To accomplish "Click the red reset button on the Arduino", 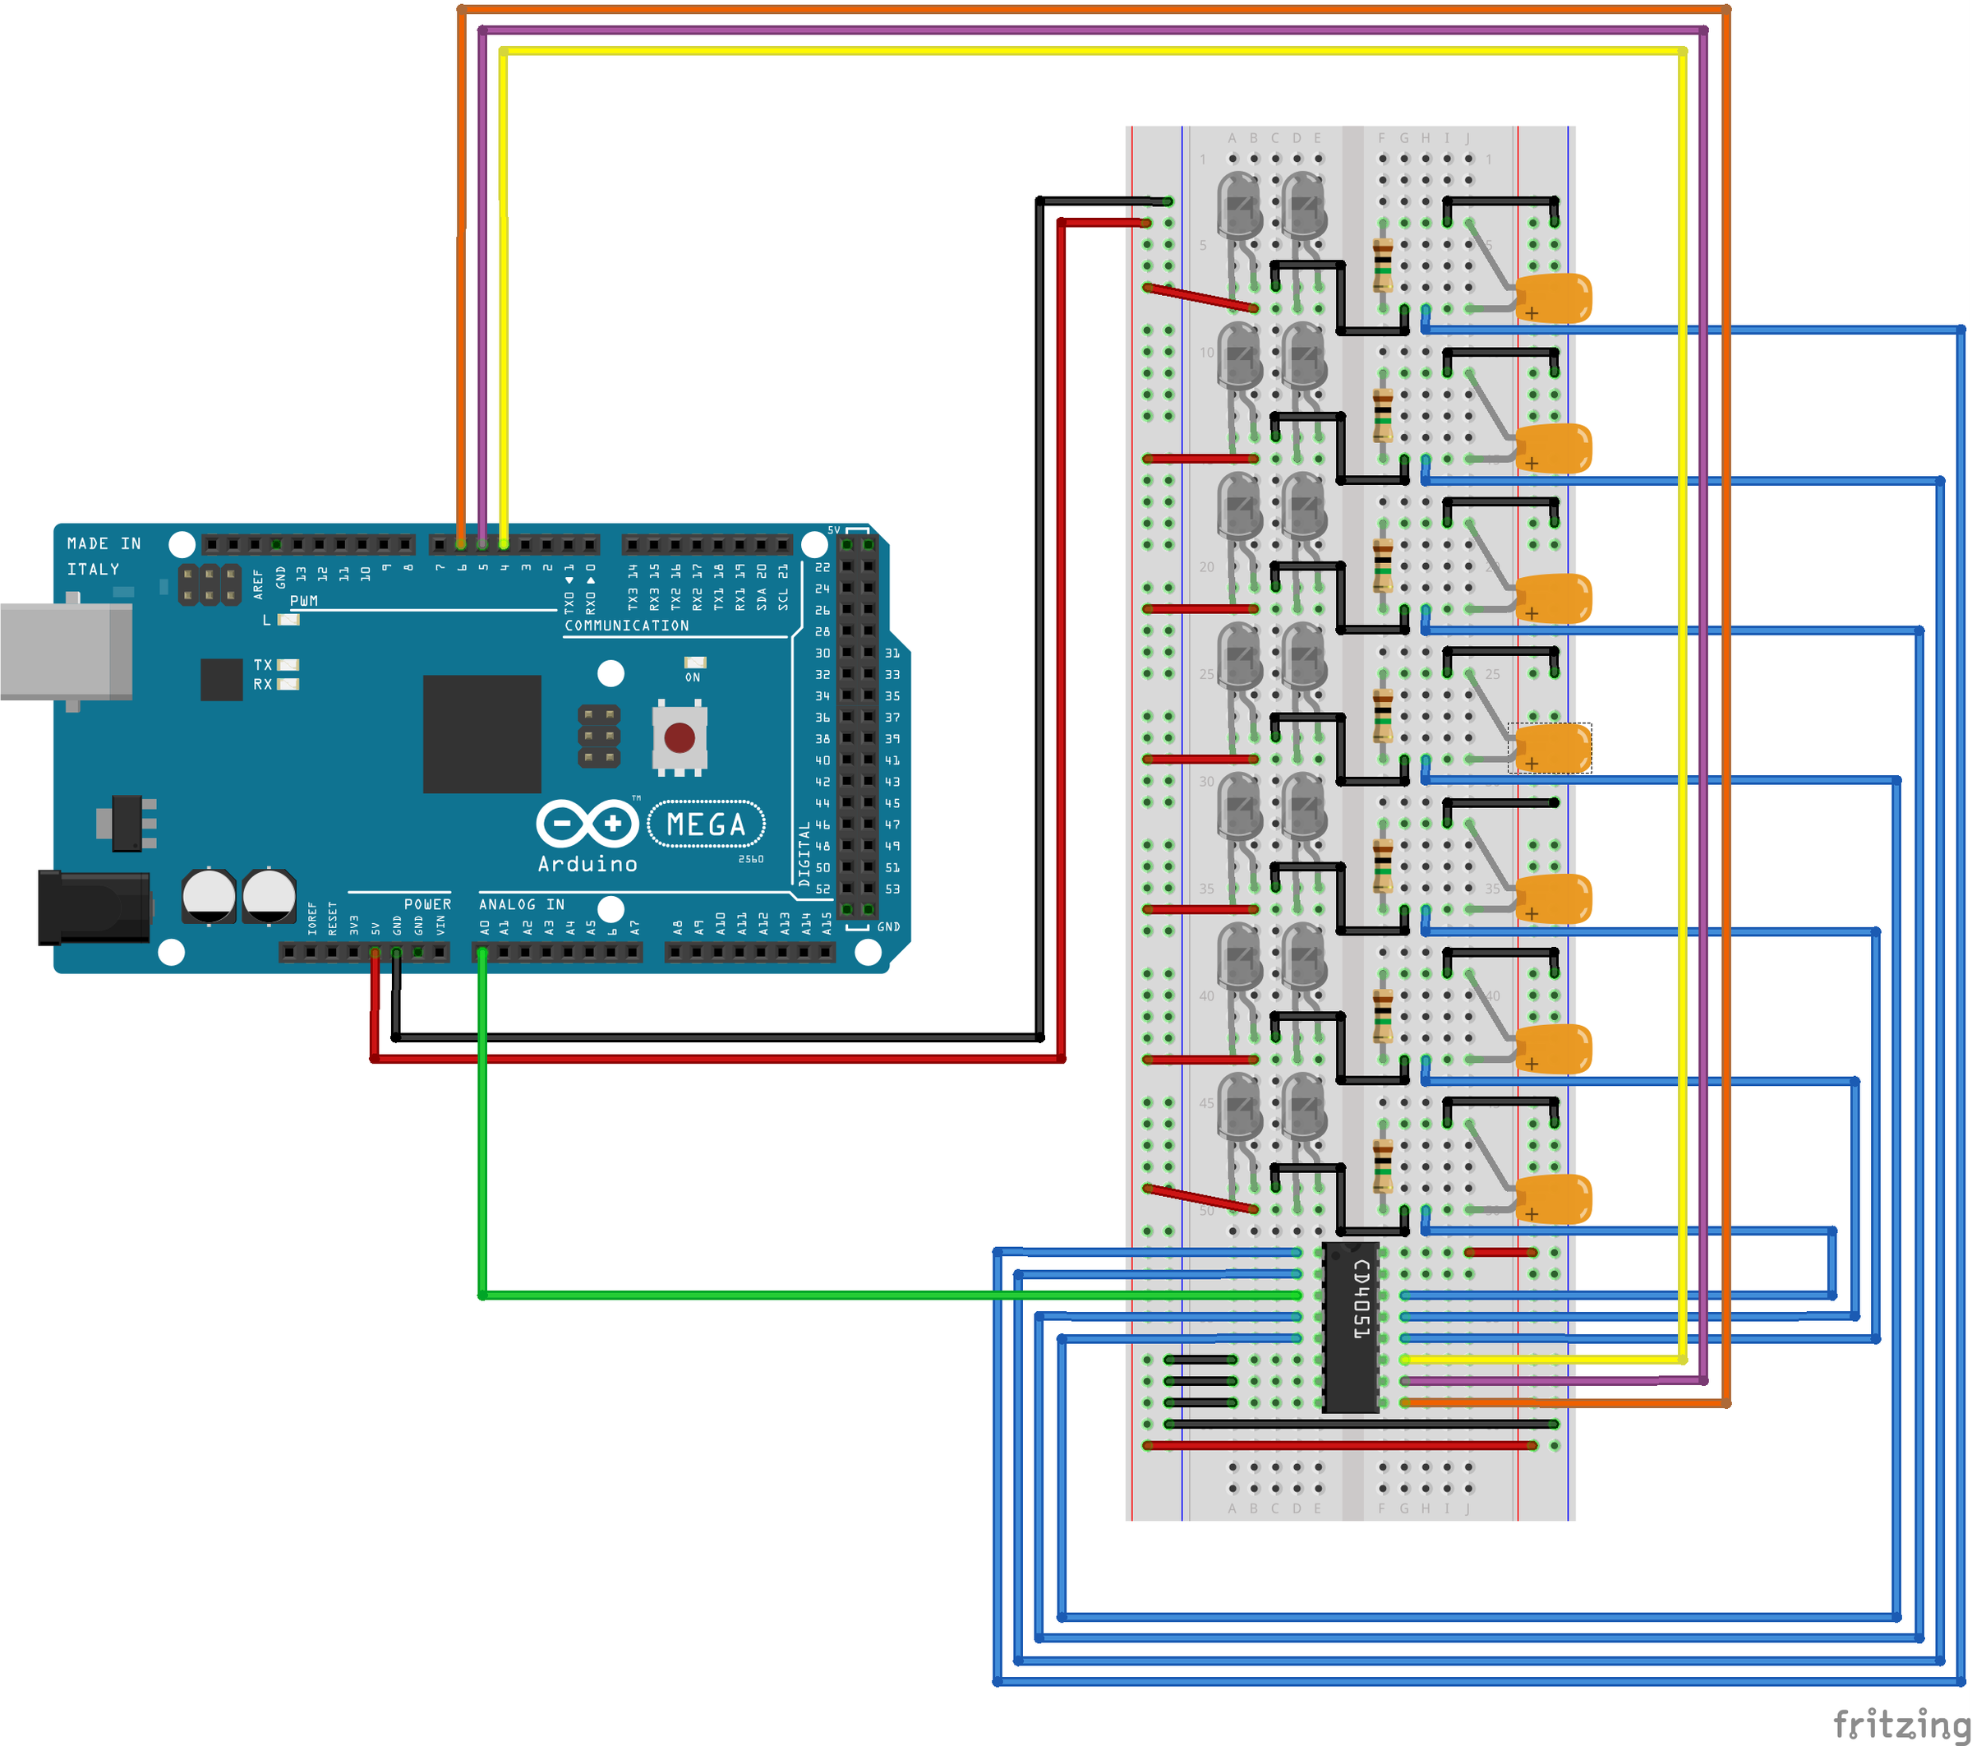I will [x=680, y=738].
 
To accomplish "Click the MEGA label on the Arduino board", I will [x=706, y=824].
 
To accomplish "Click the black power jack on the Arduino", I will [x=94, y=908].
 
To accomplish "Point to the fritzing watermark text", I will [x=1899, y=1723].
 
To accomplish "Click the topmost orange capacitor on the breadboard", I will [x=1552, y=298].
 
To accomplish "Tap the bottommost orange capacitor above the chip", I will [x=1552, y=1199].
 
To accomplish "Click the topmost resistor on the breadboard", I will [x=1383, y=266].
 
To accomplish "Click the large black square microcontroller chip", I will [x=481, y=733].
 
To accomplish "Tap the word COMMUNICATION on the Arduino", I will [x=627, y=626].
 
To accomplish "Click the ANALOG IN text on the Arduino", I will [x=521, y=904].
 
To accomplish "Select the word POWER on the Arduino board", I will [x=427, y=904].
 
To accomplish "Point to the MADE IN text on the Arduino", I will [x=104, y=543].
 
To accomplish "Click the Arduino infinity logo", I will [x=587, y=824].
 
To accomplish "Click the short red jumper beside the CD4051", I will [x=1500, y=1252].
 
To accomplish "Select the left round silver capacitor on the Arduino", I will [x=209, y=896].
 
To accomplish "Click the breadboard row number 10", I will [x=1206, y=353].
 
